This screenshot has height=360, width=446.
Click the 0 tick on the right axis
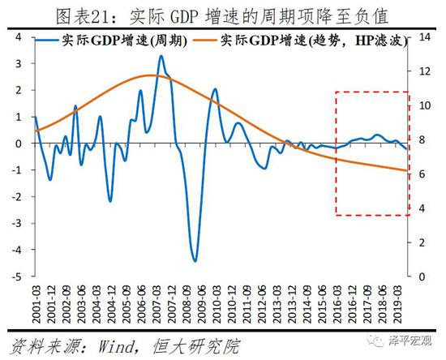[422, 276]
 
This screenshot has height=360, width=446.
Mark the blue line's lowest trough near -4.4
[195, 261]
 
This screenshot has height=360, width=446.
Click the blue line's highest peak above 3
[161, 56]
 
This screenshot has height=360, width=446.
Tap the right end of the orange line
[407, 170]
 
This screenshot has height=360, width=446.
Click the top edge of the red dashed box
[372, 92]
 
